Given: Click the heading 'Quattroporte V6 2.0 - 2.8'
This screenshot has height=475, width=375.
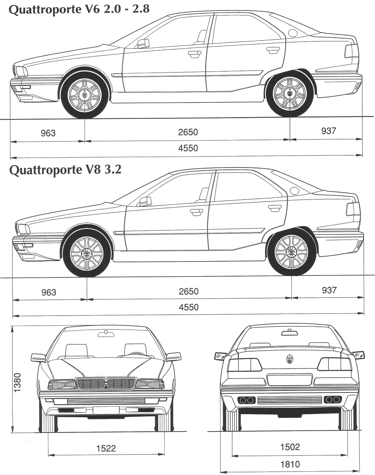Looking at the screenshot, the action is (x=79, y=10).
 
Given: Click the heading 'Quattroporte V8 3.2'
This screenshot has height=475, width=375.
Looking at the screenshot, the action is (x=65, y=170).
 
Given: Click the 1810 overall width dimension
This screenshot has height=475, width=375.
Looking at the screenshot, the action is (x=290, y=464).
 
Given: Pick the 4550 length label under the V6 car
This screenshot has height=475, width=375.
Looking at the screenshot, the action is (x=188, y=148).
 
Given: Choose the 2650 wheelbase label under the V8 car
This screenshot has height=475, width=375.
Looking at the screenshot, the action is (x=189, y=292).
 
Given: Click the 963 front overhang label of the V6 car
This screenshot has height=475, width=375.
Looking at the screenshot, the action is (x=48, y=133).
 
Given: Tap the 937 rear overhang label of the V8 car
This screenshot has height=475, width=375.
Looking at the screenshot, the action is (x=329, y=290).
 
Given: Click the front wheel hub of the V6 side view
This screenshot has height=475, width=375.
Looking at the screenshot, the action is (x=85, y=95).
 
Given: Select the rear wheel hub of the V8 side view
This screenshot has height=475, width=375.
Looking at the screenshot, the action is (x=291, y=252).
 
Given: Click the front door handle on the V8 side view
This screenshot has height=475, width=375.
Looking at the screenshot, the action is (x=196, y=212).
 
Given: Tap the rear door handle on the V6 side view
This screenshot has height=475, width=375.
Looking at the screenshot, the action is (x=273, y=50).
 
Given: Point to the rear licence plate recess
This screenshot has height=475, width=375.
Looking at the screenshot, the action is (x=289, y=380).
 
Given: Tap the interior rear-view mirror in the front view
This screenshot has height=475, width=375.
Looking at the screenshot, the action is (x=106, y=334).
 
